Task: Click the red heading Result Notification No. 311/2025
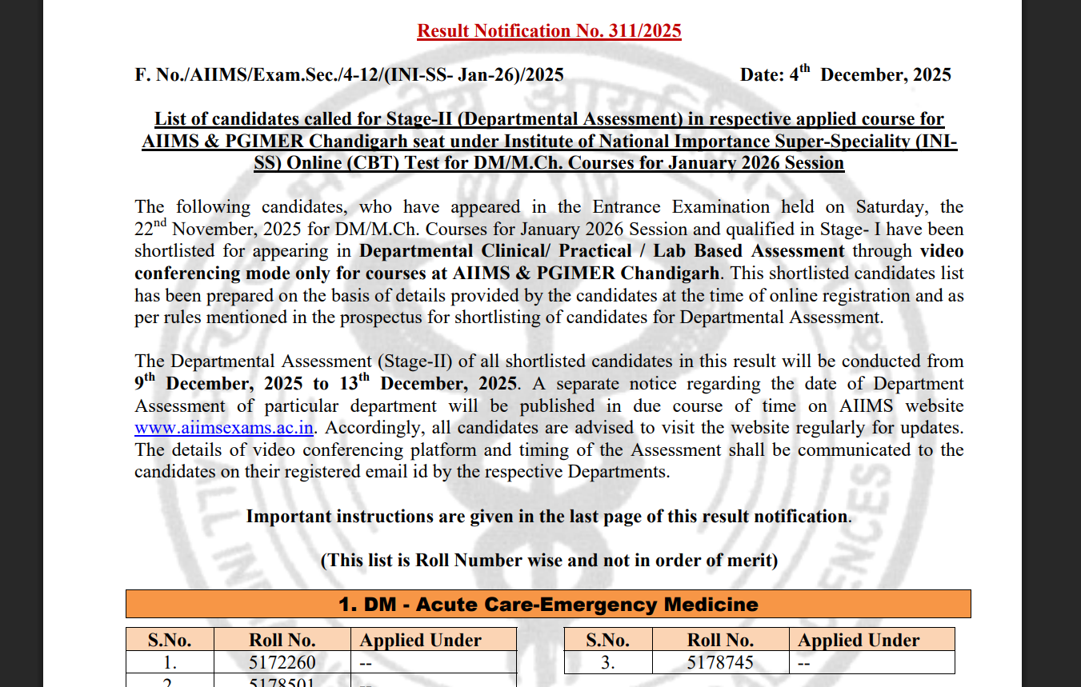tap(549, 31)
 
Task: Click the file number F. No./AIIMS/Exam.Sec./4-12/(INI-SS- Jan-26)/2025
tap(349, 75)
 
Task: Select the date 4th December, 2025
tap(845, 75)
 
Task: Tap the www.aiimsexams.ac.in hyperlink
tap(223, 428)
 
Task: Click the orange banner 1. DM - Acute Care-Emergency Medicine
tap(548, 604)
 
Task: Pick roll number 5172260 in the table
tap(282, 662)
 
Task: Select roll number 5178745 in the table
tap(720, 662)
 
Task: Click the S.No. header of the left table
tap(170, 640)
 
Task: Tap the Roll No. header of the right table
tap(720, 640)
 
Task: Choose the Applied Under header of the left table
tap(420, 640)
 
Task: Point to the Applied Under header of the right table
tap(858, 640)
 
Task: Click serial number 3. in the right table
tap(608, 662)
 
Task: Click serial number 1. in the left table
tap(170, 662)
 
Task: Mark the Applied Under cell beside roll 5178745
tap(872, 662)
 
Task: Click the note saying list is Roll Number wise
tap(549, 560)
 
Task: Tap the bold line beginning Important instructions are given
tap(549, 517)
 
